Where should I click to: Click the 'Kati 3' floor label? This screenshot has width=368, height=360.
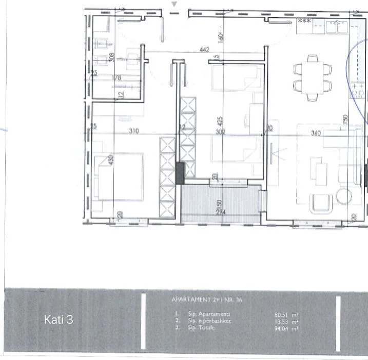pyautogui.click(x=59, y=320)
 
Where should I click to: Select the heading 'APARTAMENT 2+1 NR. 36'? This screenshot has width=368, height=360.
pyautogui.click(x=207, y=299)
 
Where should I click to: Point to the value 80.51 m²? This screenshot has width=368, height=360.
pyautogui.click(x=286, y=314)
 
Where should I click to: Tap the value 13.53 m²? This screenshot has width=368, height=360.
pyautogui.click(x=286, y=321)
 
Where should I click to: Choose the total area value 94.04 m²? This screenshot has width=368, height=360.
pyautogui.click(x=286, y=328)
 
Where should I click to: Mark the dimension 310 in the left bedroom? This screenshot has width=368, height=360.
pyautogui.click(x=133, y=131)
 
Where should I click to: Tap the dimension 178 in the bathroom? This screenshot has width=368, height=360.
pyautogui.click(x=116, y=78)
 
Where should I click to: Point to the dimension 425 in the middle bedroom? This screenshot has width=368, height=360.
pyautogui.click(x=220, y=122)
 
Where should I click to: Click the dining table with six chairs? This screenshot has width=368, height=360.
pyautogui.click(x=312, y=76)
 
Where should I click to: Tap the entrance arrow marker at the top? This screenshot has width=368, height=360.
pyautogui.click(x=174, y=4)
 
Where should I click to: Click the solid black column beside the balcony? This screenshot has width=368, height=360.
pyautogui.click(x=179, y=173)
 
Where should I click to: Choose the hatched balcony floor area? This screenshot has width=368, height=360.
pyautogui.click(x=221, y=204)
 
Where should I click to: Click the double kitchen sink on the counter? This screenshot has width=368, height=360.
pyautogui.click(x=336, y=27)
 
